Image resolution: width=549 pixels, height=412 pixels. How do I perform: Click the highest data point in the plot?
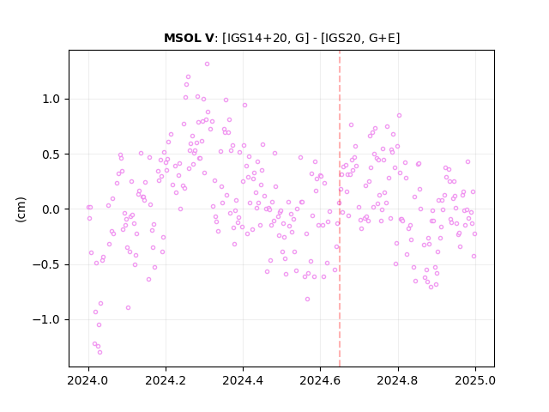(207, 64)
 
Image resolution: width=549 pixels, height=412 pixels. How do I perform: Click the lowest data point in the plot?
(100, 352)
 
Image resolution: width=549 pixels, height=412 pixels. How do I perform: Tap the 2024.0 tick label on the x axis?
(88, 380)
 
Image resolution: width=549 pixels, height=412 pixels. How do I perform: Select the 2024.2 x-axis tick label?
(166, 380)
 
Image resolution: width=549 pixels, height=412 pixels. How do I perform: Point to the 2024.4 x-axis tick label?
(243, 380)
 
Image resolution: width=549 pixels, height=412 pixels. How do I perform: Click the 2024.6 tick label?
(320, 380)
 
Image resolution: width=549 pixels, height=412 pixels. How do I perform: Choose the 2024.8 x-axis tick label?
(398, 380)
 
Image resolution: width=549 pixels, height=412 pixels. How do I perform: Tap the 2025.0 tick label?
(475, 380)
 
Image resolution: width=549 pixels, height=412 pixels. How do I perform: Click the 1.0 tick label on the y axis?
(51, 100)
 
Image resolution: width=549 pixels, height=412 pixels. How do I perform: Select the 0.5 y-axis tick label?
(51, 154)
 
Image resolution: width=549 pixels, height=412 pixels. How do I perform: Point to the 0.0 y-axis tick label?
(51, 209)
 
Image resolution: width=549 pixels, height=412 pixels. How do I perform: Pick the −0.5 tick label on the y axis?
(47, 264)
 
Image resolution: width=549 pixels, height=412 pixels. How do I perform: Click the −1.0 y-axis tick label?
(47, 319)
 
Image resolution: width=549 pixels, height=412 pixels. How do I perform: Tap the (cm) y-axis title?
(21, 209)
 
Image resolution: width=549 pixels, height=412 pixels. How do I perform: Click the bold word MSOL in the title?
(183, 38)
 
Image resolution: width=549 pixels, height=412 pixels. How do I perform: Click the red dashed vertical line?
(340, 209)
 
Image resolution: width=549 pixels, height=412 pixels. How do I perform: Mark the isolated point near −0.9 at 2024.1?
(128, 307)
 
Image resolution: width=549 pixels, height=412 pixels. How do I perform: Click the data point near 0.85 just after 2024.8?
(399, 115)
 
